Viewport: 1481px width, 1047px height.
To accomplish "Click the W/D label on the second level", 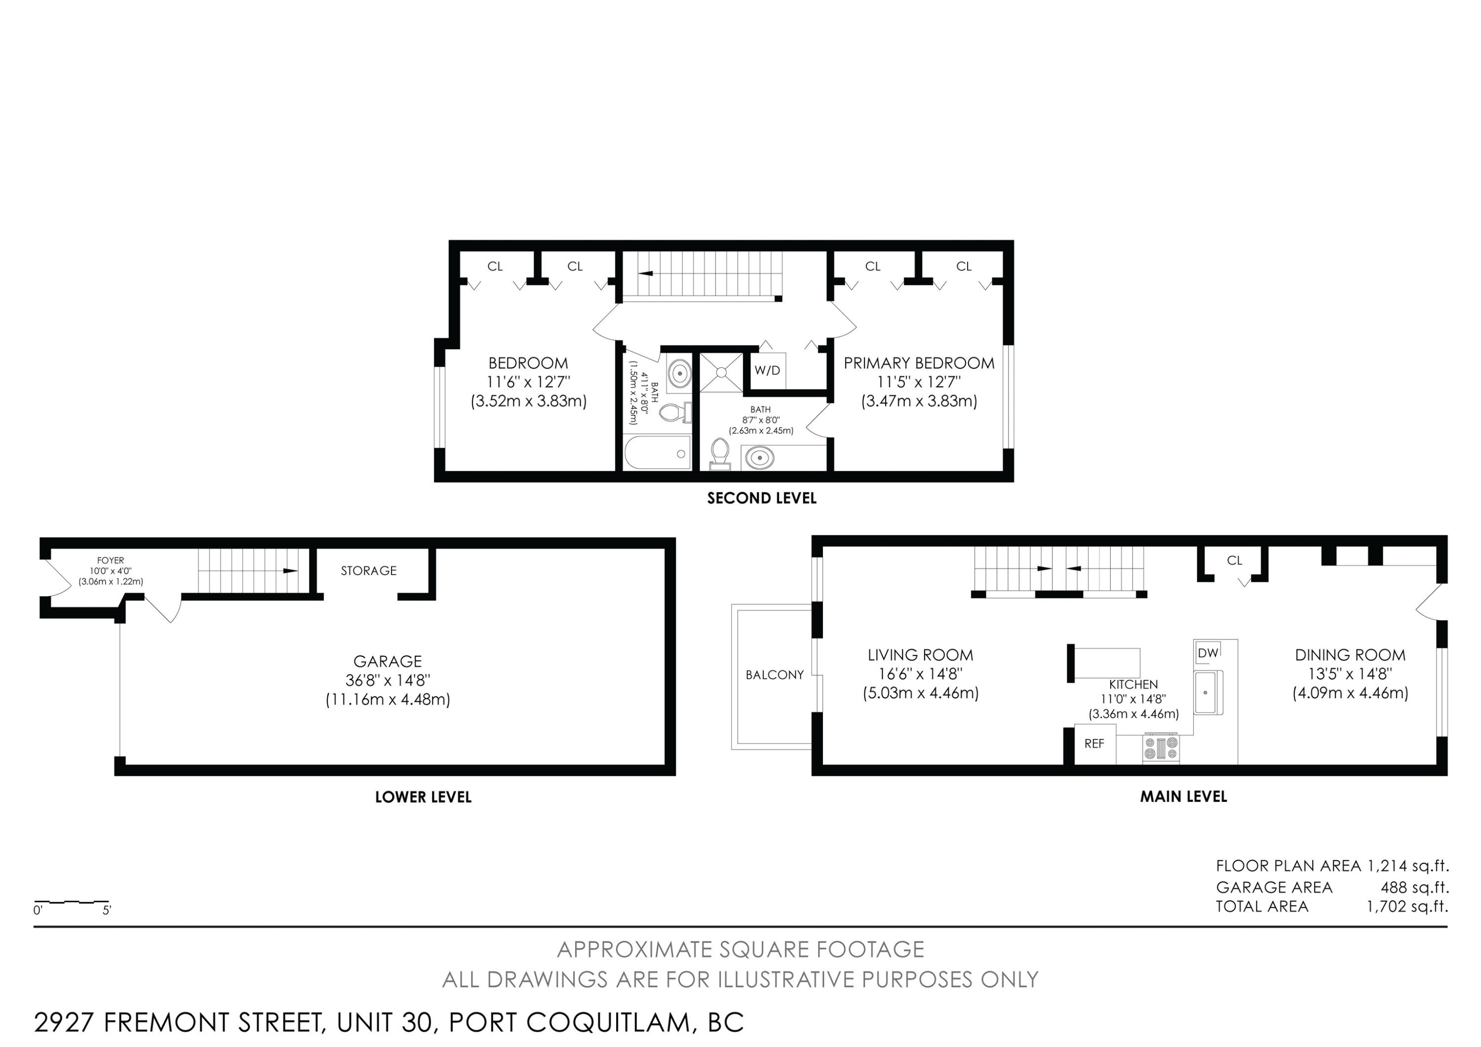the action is pyautogui.click(x=767, y=370).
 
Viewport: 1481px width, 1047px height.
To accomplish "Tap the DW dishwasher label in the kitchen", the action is pyautogui.click(x=1208, y=653).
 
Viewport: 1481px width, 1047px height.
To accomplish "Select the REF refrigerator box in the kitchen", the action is pyautogui.click(x=1094, y=744).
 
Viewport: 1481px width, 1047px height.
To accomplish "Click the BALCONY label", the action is pyautogui.click(x=775, y=675).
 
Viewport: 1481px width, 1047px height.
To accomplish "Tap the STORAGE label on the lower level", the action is pyautogui.click(x=368, y=570).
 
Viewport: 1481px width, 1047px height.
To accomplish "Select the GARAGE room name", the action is pyautogui.click(x=388, y=661).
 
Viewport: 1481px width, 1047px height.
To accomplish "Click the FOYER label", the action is pyautogui.click(x=110, y=561).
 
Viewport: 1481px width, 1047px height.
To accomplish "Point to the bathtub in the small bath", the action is pyautogui.click(x=657, y=453).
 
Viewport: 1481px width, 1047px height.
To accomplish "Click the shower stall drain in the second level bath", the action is pyautogui.click(x=721, y=372).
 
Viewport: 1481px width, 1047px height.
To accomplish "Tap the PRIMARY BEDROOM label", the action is pyautogui.click(x=919, y=363).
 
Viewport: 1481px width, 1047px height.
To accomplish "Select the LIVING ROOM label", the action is pyautogui.click(x=921, y=655).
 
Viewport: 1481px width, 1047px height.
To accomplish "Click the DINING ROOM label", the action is pyautogui.click(x=1350, y=655).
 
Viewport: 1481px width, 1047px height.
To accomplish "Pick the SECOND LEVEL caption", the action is pyautogui.click(x=762, y=498).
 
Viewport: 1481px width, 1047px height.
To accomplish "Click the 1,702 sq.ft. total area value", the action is pyautogui.click(x=1407, y=906).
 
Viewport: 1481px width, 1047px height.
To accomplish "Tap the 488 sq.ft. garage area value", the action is pyautogui.click(x=1414, y=887).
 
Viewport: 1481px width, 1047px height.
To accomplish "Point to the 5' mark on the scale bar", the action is pyautogui.click(x=107, y=910).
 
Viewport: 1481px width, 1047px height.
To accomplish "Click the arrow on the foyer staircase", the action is pyautogui.click(x=290, y=571).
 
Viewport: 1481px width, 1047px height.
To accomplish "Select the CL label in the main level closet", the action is pyautogui.click(x=1235, y=561).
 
